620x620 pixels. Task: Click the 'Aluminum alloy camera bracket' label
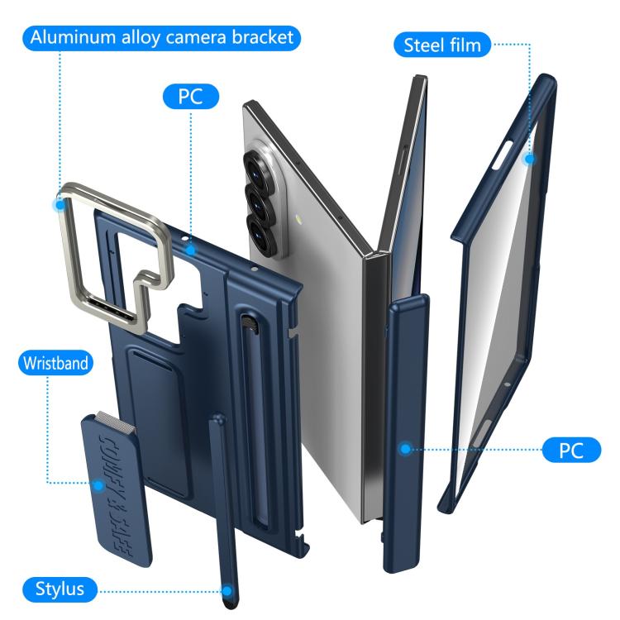[161, 38]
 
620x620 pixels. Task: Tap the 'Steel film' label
[442, 45]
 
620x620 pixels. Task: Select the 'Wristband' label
[55, 363]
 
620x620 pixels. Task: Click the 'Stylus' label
[60, 589]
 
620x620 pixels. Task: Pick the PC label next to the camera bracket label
[191, 97]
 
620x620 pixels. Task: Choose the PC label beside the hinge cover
[571, 450]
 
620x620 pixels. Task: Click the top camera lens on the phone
[256, 165]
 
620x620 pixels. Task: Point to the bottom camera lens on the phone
[262, 232]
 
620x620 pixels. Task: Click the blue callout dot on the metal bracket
[60, 204]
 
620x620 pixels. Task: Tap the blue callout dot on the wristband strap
[98, 485]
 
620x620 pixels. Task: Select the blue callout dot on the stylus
[227, 591]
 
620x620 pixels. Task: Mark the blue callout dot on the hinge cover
[405, 449]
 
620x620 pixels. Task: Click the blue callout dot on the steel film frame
[529, 159]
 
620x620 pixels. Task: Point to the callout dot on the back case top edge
[191, 250]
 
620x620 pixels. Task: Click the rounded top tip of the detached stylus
[217, 418]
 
